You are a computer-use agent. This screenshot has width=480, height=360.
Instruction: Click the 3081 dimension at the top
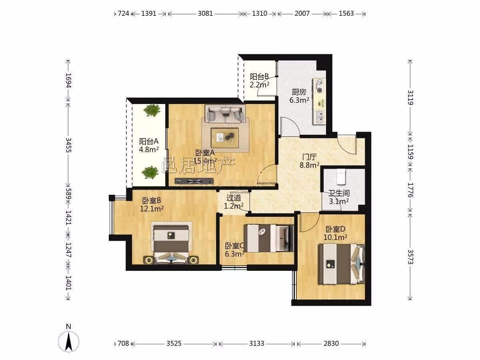pyautogui.click(x=205, y=14)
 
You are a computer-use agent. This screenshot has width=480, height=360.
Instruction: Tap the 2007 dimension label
pyautogui.click(x=302, y=14)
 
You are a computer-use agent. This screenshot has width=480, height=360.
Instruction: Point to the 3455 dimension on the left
pyautogui.click(x=69, y=145)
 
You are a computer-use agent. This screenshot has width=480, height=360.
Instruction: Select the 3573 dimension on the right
pyautogui.click(x=410, y=257)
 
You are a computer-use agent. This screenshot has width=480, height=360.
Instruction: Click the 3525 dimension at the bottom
pyautogui.click(x=174, y=343)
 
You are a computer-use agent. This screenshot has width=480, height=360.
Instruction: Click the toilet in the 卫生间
pyautogui.click(x=341, y=177)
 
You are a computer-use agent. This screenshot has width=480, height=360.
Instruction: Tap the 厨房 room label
pyautogui.click(x=299, y=92)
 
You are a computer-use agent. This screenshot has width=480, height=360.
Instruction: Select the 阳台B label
pyautogui.click(x=259, y=77)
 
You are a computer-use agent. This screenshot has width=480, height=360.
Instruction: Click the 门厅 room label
pyautogui.click(x=310, y=157)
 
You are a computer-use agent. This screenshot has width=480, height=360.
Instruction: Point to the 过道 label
pyautogui.click(x=234, y=198)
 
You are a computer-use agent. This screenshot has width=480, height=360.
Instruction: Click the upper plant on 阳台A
pyautogui.click(x=152, y=110)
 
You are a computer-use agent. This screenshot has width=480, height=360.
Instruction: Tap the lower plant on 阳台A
pyautogui.click(x=150, y=172)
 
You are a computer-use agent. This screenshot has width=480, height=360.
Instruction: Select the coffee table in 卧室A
pyautogui.click(x=225, y=138)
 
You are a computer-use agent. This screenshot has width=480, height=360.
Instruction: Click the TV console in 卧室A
pyautogui.click(x=194, y=181)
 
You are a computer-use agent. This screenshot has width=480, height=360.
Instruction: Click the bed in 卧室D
pyautogui.click(x=342, y=264)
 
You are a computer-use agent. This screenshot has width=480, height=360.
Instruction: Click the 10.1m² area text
pyautogui.click(x=335, y=237)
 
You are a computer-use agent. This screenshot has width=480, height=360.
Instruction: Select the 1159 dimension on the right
pyautogui.click(x=410, y=152)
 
